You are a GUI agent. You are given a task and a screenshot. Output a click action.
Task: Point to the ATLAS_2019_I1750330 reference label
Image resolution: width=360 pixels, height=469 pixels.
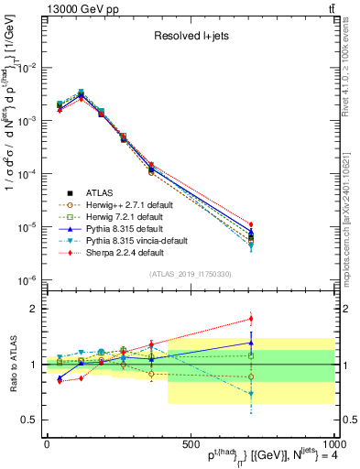tap(188, 274)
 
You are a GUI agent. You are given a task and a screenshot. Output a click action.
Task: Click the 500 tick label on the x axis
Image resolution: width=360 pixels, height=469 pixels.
tap(190, 444)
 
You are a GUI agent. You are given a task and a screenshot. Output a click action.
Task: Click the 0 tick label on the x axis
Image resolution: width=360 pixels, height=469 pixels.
tap(47, 444)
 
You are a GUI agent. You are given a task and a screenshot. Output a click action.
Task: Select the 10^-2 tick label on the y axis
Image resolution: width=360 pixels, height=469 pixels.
tap(27, 68)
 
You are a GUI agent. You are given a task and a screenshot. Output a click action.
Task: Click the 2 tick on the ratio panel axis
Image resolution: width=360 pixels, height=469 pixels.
tap(33, 309)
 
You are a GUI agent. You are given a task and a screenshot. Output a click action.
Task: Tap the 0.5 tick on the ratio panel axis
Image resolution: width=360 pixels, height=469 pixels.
tap(29, 420)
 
